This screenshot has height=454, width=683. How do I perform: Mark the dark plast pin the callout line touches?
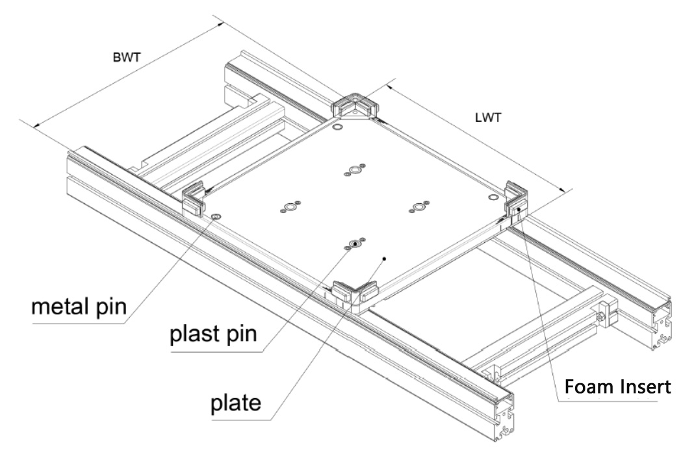pos(354,244)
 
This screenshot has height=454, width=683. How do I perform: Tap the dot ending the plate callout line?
pos(385,259)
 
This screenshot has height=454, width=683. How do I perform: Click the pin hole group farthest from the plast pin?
pos(354,171)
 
